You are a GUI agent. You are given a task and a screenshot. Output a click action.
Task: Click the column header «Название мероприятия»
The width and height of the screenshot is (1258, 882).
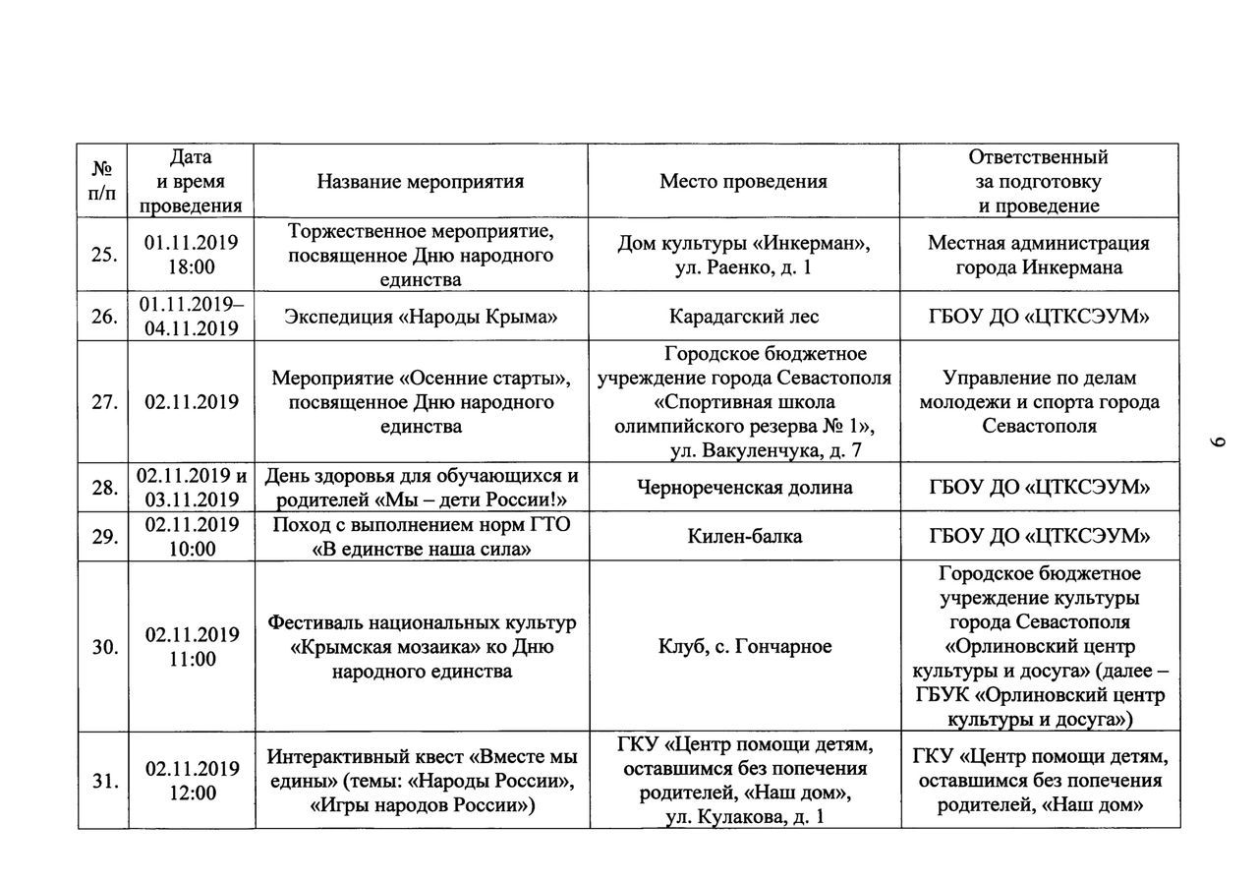420,181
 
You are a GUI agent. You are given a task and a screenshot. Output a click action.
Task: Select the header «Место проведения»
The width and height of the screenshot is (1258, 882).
743,181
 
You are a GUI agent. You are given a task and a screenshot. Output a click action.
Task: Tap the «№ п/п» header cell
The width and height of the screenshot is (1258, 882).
102,181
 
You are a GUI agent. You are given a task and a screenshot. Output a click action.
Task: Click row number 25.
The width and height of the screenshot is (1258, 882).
102,255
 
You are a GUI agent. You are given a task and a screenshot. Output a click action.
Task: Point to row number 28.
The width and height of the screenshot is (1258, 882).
102,488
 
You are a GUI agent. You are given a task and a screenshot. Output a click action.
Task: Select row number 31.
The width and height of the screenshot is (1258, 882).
102,781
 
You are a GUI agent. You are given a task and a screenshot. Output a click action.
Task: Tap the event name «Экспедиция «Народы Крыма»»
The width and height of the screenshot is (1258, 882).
420,317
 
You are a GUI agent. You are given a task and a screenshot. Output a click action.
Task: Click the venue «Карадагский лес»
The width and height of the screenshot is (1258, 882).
743,317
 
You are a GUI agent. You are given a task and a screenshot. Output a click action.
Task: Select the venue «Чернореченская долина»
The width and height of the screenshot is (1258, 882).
743,488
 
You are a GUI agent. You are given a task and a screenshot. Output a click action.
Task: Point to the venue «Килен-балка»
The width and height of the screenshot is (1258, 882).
743,536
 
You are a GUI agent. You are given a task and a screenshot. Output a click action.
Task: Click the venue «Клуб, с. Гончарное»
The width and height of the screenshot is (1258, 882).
743,646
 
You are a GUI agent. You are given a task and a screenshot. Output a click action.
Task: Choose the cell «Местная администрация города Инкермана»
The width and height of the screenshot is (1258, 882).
1038,255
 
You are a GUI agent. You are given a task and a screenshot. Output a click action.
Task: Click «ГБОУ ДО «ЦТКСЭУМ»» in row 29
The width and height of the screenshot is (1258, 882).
1038,536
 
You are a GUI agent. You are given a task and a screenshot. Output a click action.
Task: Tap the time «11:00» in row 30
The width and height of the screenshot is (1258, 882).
192,659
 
